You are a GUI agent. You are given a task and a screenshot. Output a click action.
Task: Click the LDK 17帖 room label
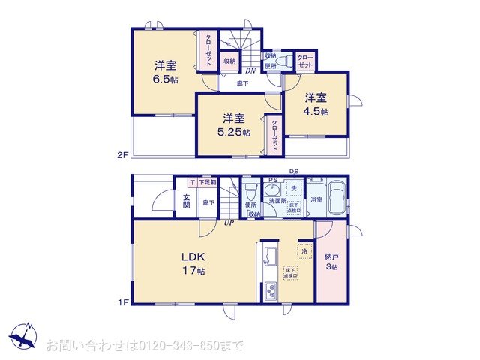tap(193, 263)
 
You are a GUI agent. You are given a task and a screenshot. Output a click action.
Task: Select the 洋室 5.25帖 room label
tap(234, 124)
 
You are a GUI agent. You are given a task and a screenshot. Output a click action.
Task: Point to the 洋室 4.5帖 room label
tap(315, 104)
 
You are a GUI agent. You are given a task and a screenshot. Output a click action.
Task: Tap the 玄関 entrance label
tap(186, 201)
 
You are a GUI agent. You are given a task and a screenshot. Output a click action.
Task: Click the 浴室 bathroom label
tap(316, 200)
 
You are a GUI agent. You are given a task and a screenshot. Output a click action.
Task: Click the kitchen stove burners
tap(269, 291)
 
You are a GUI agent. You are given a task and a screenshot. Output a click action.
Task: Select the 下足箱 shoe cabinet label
tap(208, 182)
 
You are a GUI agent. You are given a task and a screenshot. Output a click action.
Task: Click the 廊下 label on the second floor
tap(242, 83)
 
